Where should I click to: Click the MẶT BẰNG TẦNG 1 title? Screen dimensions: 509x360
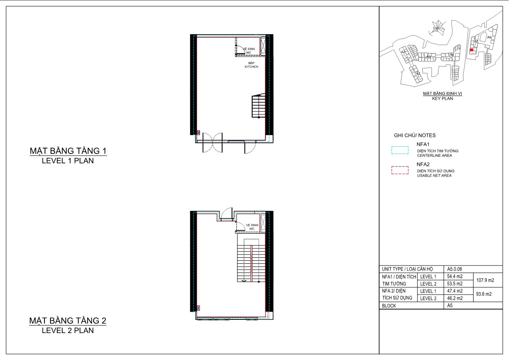tap(68, 151)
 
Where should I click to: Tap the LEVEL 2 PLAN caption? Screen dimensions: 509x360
tap(68, 330)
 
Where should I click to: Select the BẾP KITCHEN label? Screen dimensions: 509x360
tap(251, 65)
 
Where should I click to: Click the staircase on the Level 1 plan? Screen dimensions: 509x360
tap(259, 106)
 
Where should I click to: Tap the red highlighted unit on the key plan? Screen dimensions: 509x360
tap(471, 50)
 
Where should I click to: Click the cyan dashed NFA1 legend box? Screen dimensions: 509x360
tap(400, 150)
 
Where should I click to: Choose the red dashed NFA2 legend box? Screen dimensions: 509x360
tap(400, 171)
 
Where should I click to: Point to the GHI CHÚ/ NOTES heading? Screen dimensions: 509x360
tap(415, 136)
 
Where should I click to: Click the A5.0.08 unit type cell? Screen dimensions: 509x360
tap(454, 269)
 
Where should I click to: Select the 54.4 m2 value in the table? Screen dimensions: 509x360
tap(455, 277)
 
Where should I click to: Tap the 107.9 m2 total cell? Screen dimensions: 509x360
tap(485, 280)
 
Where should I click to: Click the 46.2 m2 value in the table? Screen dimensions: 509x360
tap(455, 298)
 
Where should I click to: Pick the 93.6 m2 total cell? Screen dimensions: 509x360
tap(484, 294)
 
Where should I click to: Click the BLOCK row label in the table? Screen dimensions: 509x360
tap(389, 306)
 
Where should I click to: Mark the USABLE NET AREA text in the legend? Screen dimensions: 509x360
tap(434, 176)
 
